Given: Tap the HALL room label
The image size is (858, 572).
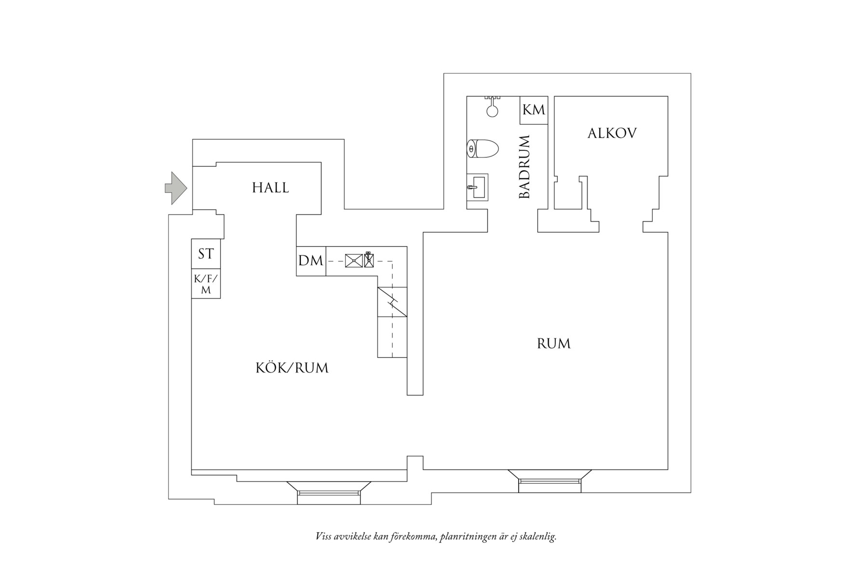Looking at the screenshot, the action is point(270,188).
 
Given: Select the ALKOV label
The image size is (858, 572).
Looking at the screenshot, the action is point(612,133).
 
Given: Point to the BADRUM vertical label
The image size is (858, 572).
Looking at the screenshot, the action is point(524,167).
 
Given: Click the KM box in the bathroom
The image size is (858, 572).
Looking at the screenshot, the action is point(534,110).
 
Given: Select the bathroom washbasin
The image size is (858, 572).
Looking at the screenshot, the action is point(477,187).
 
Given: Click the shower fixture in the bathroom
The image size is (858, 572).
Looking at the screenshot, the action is point(492,106).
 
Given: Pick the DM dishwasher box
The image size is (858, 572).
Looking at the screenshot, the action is point(311,261).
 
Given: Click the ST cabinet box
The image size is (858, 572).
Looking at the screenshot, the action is point(206,254).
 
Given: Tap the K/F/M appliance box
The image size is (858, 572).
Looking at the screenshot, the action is point(206,284).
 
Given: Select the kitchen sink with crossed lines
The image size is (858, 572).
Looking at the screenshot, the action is point(354,261).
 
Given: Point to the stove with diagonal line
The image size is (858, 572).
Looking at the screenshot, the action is point(392,302).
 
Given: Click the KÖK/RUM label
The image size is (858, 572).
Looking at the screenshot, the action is point(292,368).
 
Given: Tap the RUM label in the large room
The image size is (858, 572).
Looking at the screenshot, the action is point(554,344).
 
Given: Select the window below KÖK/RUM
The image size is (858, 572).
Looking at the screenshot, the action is point(329,492).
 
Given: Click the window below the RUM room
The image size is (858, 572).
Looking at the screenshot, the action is point(550,480).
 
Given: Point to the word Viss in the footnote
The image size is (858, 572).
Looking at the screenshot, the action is point(323,536).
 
